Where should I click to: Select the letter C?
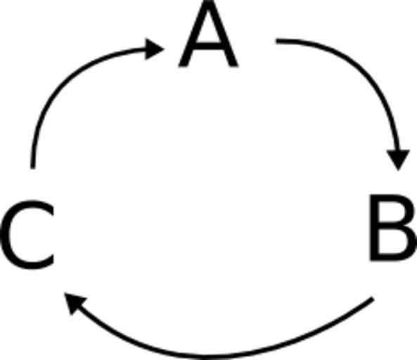coord(28,235)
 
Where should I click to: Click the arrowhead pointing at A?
coord(154,49)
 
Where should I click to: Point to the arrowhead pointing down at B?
coord(398,160)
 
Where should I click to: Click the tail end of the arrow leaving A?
coord(276,41)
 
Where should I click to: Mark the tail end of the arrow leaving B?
coord(373,298)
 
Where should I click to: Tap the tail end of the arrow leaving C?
coord(33,168)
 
